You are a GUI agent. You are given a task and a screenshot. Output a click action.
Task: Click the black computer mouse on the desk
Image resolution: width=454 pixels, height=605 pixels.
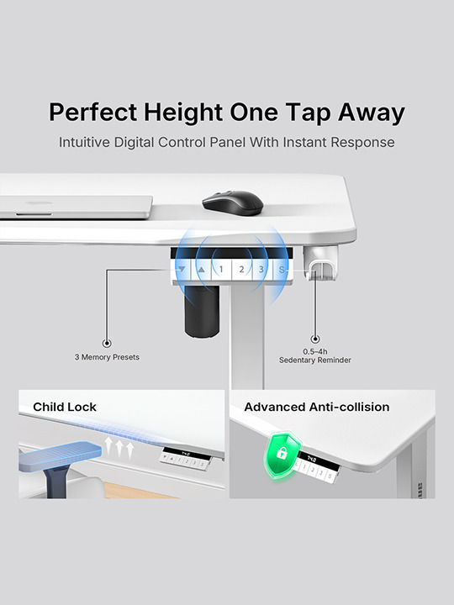click(x=233, y=203)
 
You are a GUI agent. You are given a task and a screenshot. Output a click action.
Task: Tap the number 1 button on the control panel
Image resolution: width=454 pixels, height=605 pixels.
click(x=221, y=270)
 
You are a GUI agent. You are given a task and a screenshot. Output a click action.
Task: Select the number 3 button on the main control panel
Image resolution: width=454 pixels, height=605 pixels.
click(x=261, y=270)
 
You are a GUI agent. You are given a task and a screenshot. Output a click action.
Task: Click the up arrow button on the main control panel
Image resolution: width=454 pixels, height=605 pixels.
click(x=201, y=270)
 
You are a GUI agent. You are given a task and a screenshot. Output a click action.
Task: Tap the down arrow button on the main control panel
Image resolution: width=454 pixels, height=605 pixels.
click(x=182, y=270)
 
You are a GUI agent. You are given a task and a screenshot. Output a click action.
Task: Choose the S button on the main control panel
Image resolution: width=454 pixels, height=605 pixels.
click(x=282, y=270)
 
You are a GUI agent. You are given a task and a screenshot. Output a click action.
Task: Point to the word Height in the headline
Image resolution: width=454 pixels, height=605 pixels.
click(x=183, y=113)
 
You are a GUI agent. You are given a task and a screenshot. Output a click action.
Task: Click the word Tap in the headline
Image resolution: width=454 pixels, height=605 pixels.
click(x=308, y=113)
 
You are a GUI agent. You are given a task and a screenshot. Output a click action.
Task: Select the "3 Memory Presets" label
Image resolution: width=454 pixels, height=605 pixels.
click(x=107, y=357)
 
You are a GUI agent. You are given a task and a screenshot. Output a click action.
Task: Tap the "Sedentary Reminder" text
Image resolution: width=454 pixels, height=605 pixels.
click(x=315, y=360)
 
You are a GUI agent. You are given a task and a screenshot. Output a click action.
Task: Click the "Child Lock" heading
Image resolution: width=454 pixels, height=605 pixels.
click(x=65, y=407)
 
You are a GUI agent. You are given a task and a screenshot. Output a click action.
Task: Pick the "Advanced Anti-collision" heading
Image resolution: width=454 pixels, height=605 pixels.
click(x=317, y=407)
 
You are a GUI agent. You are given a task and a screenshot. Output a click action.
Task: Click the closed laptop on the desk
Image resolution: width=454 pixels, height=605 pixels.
click(x=76, y=208)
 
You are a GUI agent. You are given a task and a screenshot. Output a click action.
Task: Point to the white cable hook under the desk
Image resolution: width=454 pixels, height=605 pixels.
click(x=320, y=263)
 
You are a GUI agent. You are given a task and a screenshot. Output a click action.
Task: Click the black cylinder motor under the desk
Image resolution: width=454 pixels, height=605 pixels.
click(x=202, y=312)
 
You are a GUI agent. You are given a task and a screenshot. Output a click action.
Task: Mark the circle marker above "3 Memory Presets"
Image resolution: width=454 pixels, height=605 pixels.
click(x=107, y=343)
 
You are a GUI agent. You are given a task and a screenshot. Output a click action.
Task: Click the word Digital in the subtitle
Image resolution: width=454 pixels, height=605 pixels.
click(x=134, y=142)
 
